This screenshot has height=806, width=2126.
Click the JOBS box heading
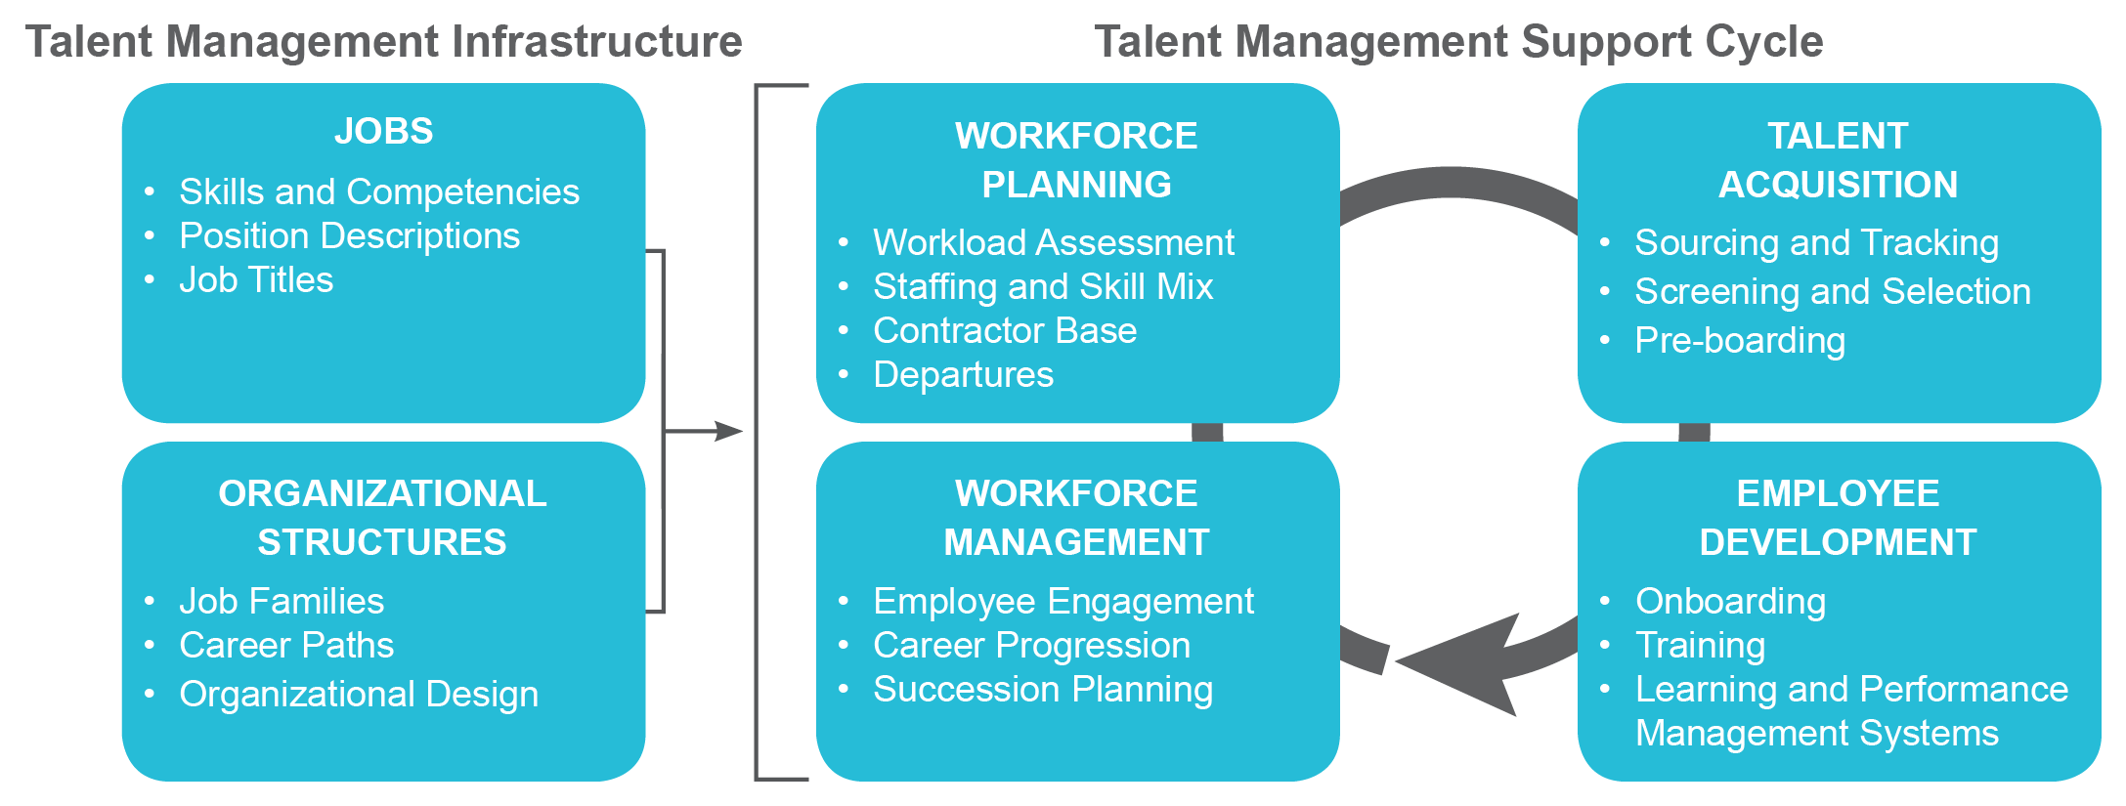[383, 131]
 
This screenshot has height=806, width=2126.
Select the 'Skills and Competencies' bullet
[378, 192]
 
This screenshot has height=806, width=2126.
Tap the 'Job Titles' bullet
[256, 280]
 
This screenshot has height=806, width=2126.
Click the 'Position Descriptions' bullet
[349, 236]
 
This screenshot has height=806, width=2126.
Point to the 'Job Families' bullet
[282, 602]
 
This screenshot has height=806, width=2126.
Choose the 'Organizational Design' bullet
[359, 695]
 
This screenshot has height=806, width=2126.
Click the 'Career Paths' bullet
[286, 646]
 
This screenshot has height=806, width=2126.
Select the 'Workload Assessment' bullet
[1053, 242]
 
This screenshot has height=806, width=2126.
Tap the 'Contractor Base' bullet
[1005, 331]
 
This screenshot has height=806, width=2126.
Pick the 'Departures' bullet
[963, 375]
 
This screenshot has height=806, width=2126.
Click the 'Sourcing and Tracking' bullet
[1816, 242]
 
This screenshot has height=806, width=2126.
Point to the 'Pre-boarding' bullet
[1740, 341]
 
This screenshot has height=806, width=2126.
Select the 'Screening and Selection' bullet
[1833, 292]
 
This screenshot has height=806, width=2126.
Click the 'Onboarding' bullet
[1730, 602]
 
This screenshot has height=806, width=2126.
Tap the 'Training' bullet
[1700, 646]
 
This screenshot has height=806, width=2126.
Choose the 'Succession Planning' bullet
[1043, 690]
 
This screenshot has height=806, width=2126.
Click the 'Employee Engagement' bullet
[1063, 602]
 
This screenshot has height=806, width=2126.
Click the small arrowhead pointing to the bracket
[728, 431]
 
